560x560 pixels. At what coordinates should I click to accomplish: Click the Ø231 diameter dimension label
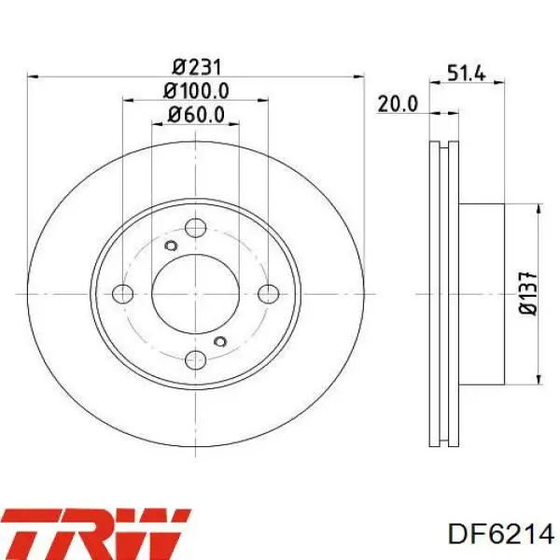click(x=197, y=67)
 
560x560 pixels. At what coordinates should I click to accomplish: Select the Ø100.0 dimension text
click(x=196, y=91)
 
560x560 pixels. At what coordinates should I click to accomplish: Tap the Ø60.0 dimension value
click(x=196, y=115)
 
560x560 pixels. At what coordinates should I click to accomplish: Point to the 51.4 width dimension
click(x=467, y=74)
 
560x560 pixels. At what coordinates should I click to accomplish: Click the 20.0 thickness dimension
click(x=398, y=104)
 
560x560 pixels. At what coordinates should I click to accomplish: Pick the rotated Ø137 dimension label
click(x=528, y=294)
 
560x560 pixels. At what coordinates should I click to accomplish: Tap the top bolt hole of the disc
click(x=196, y=228)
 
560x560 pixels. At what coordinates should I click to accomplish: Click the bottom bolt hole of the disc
click(x=196, y=360)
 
